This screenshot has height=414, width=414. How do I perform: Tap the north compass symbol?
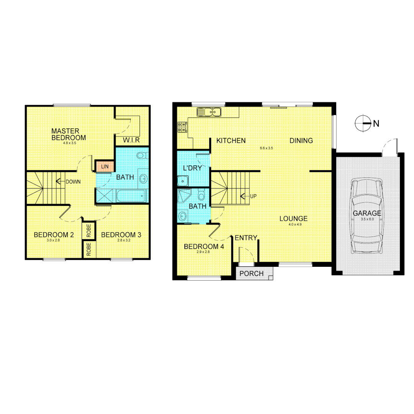(362, 123)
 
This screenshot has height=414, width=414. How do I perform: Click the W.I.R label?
(131, 140)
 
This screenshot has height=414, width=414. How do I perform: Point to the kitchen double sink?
(209, 112)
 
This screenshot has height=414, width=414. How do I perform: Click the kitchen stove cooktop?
(182, 127)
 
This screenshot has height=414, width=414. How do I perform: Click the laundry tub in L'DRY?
(182, 181)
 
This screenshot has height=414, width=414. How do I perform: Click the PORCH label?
(251, 273)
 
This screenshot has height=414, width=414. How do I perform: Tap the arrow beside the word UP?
(243, 196)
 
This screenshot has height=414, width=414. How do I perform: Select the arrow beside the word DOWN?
(60, 181)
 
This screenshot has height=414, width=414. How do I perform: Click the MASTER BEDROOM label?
(69, 134)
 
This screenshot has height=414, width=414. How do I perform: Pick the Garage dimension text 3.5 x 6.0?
(367, 219)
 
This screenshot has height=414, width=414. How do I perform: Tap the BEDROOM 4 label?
(204, 247)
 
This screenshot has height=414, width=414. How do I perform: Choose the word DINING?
(301, 141)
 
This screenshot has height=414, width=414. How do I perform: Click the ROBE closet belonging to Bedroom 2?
(89, 231)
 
